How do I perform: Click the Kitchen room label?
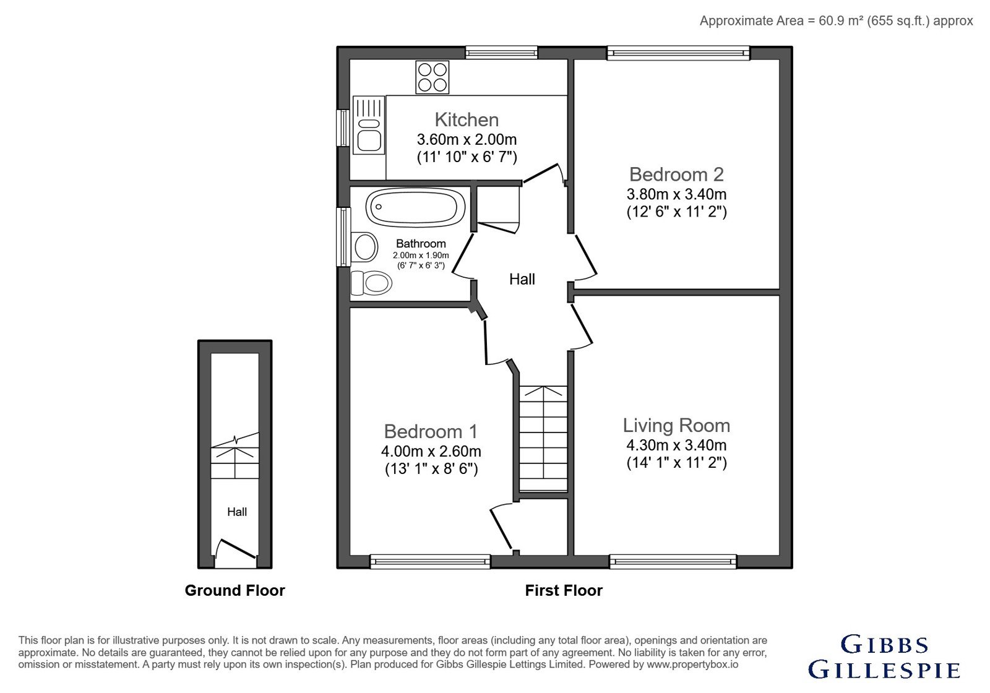point(467,120)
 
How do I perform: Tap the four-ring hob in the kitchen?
point(433,77)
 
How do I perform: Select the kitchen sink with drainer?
point(369,125)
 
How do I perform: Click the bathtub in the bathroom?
point(415,207)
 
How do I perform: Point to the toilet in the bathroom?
point(371,283)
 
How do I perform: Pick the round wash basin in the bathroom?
point(365,247)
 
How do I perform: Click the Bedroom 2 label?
point(676,174)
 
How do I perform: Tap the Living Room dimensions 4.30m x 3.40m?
point(676,445)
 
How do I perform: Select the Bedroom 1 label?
point(431,431)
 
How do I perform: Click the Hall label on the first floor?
point(522,279)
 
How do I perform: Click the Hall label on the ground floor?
point(237,512)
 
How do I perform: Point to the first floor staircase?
point(543,439)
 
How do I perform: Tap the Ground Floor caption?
point(235,590)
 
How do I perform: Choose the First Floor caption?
point(564,590)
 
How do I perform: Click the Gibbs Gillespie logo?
point(884,657)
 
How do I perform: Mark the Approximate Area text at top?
point(836,21)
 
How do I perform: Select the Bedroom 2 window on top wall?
point(678,53)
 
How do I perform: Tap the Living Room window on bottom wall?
point(673,561)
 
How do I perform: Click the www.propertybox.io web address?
point(692,665)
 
